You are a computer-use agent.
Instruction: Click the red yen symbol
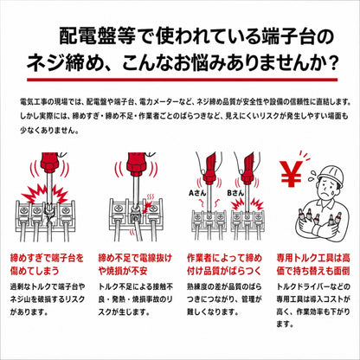click(x=291, y=173)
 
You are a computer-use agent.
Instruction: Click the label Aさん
click(x=197, y=193)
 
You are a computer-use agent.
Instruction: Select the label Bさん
click(x=235, y=193)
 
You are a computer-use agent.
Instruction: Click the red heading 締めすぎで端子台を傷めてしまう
click(x=47, y=264)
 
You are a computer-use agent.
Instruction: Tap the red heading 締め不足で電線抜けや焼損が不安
click(x=135, y=264)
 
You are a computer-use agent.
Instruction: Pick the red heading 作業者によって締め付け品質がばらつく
click(x=224, y=264)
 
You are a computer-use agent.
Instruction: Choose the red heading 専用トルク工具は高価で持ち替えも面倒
click(x=313, y=264)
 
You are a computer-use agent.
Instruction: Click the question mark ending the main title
click(x=333, y=63)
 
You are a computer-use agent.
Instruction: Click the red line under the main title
click(x=183, y=80)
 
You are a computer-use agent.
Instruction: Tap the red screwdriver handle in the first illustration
click(x=51, y=163)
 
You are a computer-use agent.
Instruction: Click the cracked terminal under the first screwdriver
click(x=49, y=214)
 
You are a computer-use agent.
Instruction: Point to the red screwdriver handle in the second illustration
click(x=138, y=164)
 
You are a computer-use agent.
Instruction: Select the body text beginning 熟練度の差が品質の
click(x=224, y=299)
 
